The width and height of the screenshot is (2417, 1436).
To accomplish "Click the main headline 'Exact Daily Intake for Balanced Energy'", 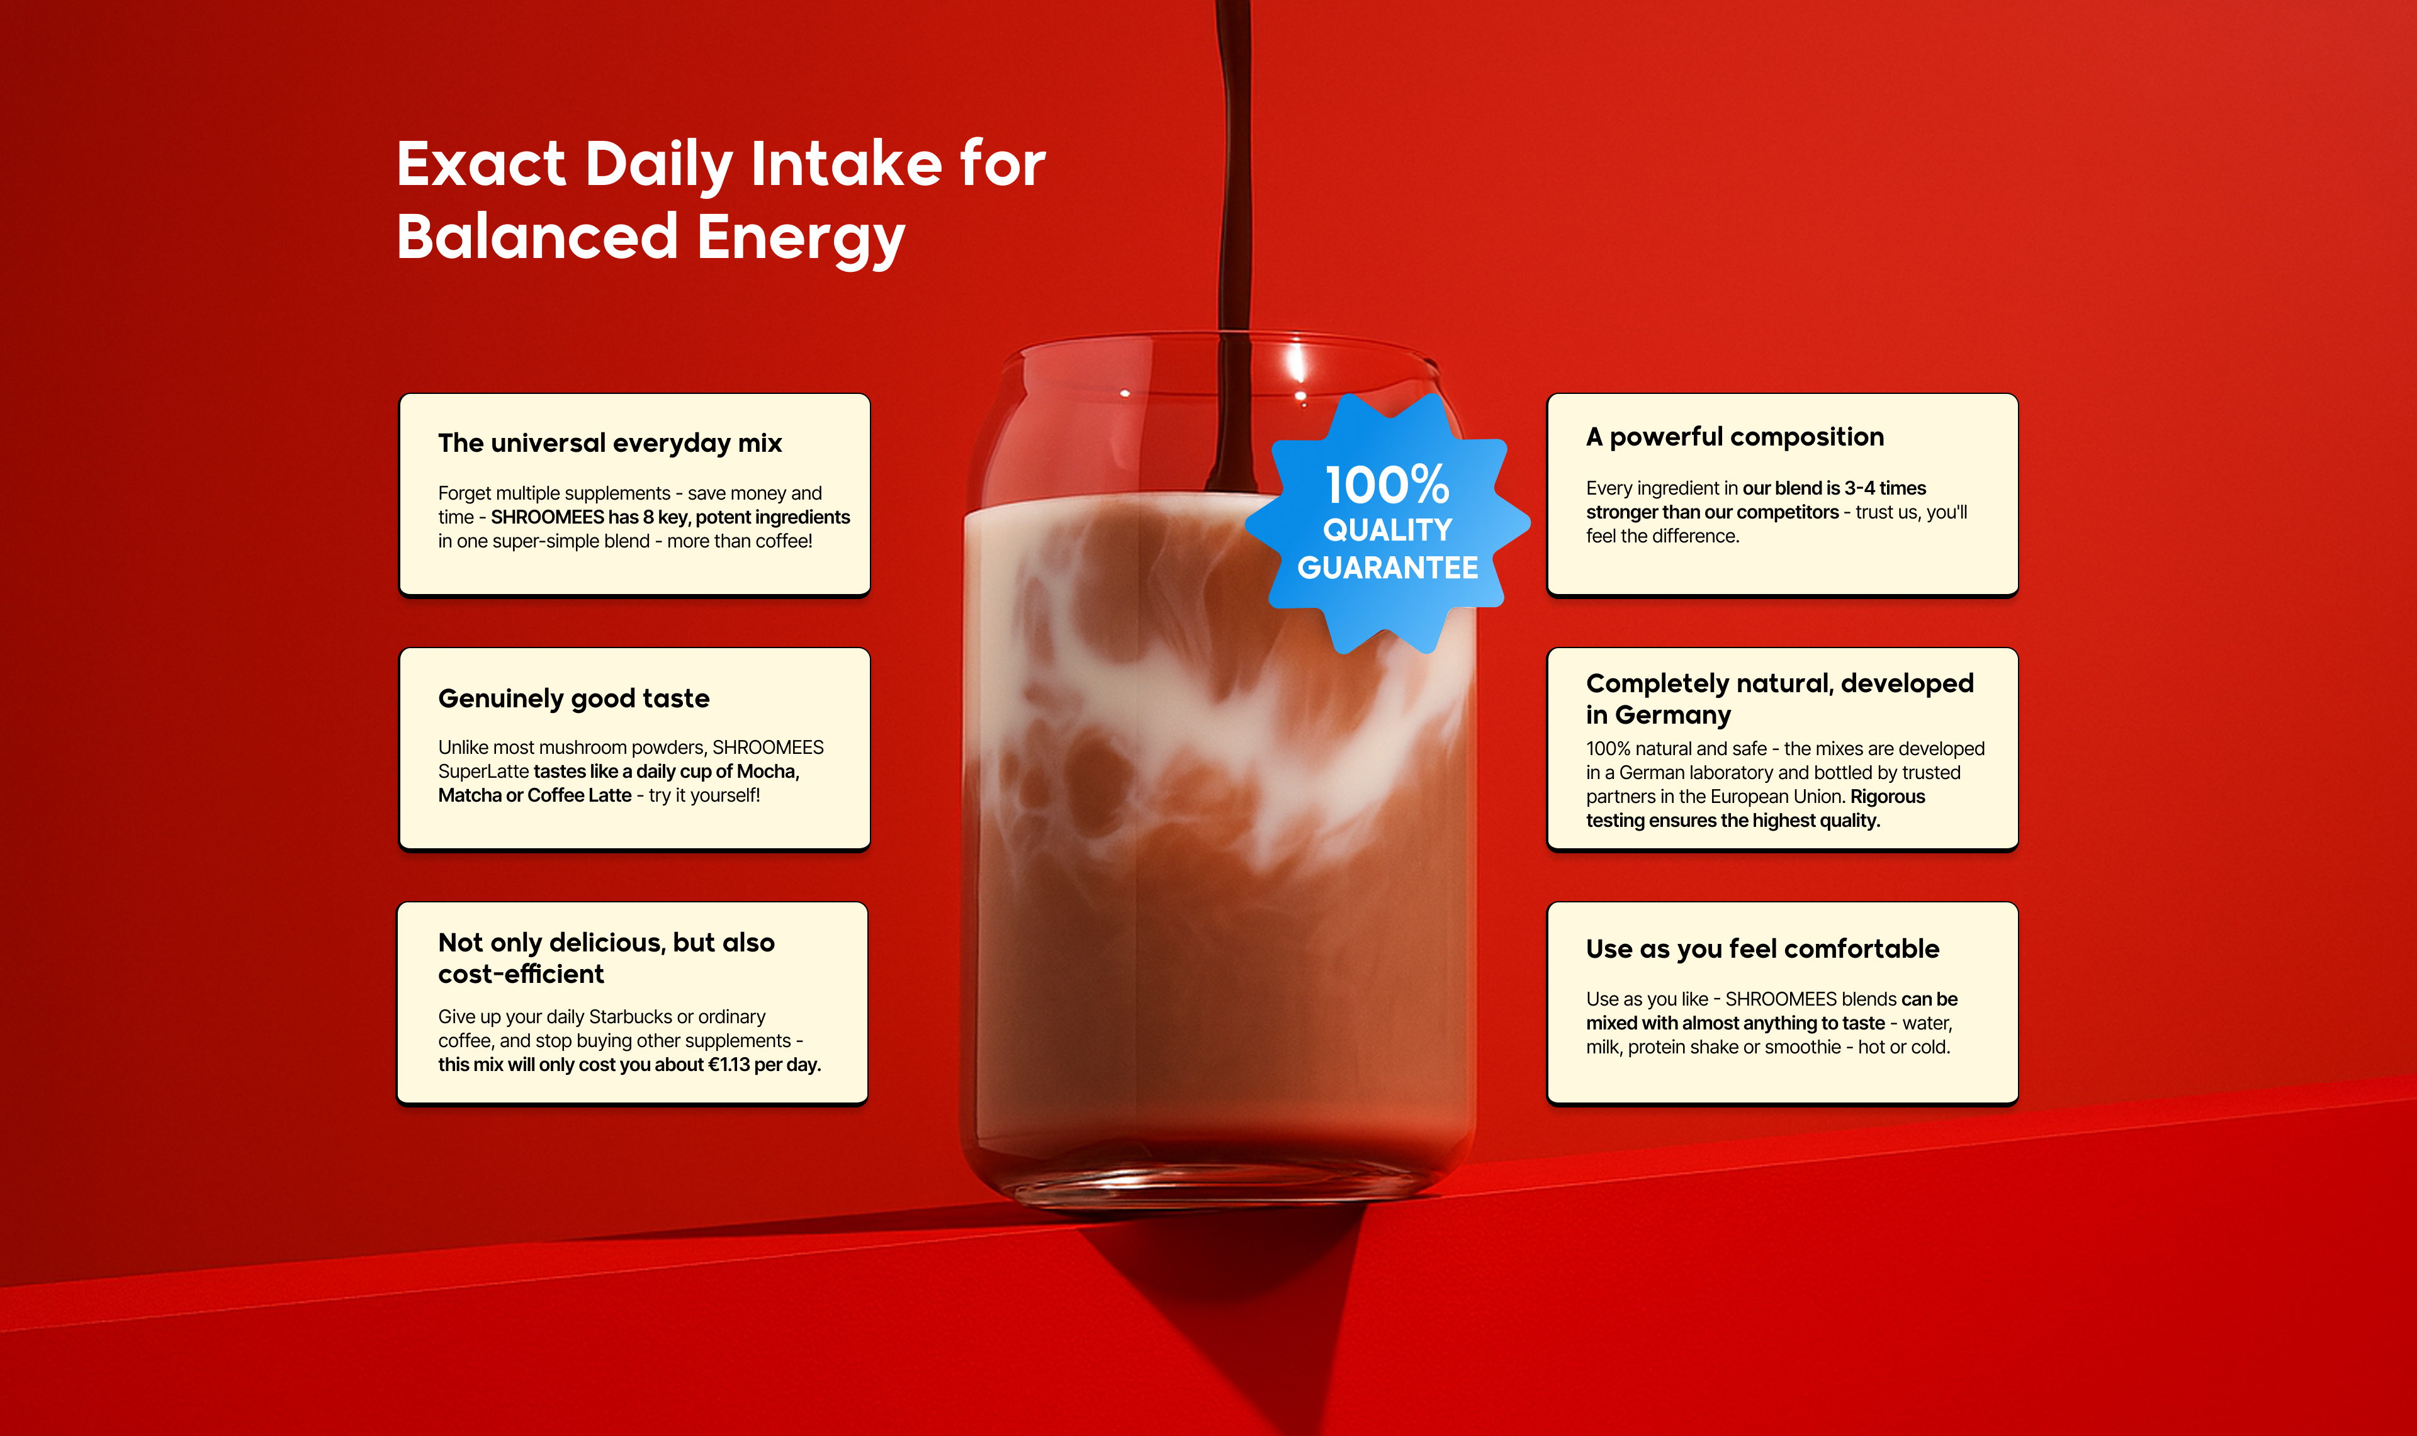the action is tap(721, 200).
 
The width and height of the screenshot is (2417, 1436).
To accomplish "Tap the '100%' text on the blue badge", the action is tap(1387, 484).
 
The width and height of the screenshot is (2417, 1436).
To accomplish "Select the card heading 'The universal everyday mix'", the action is tap(609, 443).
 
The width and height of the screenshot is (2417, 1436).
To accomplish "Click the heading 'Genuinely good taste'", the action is tap(574, 698).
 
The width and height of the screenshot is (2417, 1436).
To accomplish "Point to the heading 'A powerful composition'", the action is tap(1735, 437).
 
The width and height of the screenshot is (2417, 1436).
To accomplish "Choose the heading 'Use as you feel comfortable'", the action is tap(1762, 950).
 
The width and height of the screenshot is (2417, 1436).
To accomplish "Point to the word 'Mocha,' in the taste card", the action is tap(769, 771).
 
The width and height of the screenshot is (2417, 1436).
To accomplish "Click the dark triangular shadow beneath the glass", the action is tap(1258, 1306).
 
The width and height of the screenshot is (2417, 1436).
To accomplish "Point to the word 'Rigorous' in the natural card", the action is tap(1888, 797).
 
